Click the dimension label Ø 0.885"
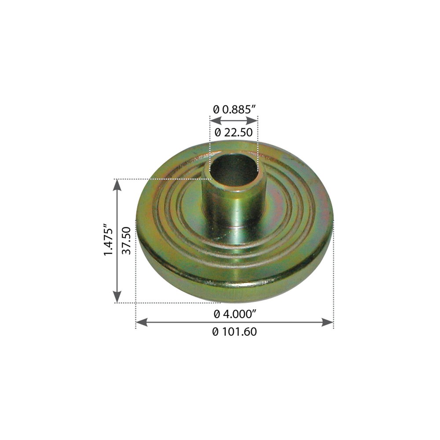(235, 109)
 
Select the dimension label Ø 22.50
(234, 132)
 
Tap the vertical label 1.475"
(108, 240)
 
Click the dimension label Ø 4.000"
(235, 314)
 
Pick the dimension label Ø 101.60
(235, 332)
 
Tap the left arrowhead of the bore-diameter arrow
(216, 121)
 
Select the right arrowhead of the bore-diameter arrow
(252, 121)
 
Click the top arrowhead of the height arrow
(117, 185)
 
